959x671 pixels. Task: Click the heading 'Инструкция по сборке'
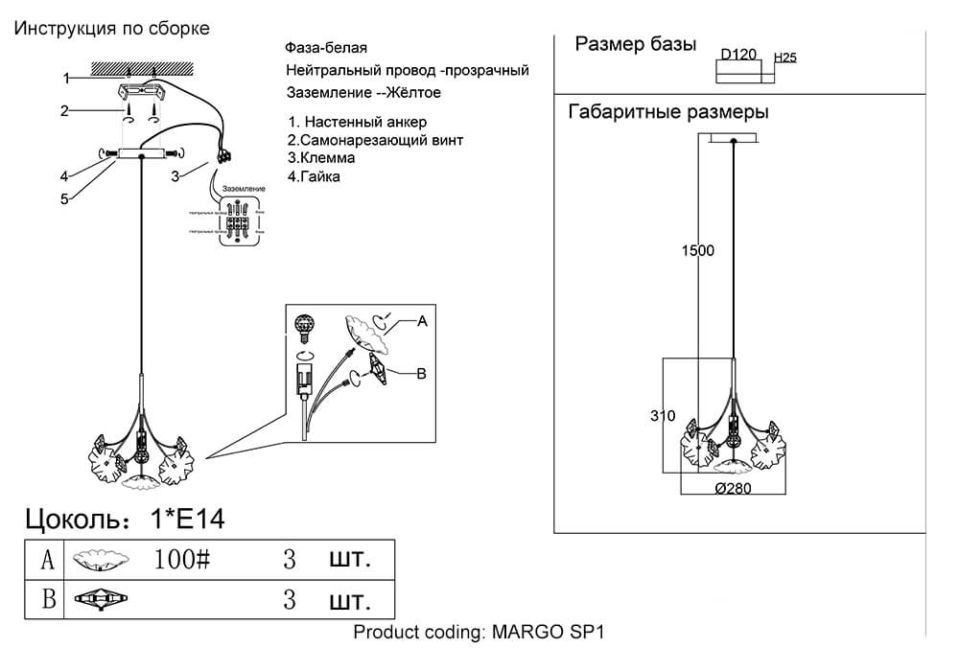coord(111,28)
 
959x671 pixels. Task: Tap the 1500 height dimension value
coord(698,251)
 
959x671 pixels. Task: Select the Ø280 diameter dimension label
coord(733,487)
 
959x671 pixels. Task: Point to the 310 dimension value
coord(663,416)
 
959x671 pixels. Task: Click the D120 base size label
coord(739,56)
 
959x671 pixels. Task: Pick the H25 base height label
coord(784,58)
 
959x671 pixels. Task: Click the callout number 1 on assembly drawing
coord(66,79)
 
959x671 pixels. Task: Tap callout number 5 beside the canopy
coord(65,199)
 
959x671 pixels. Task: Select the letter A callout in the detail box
coord(421,323)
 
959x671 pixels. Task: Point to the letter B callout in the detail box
coord(420,375)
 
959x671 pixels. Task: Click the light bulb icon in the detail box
coord(305,325)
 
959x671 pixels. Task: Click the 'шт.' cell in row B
coord(349,601)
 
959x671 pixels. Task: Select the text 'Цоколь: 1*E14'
coord(125,520)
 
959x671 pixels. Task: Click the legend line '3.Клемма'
coord(321,158)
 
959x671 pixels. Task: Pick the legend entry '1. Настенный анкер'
coord(357,122)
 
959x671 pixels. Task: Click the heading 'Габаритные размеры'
coord(668,112)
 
